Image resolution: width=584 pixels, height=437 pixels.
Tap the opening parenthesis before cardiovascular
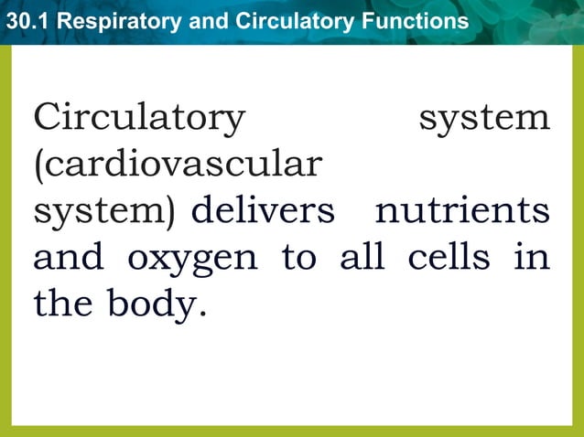[x=38, y=165]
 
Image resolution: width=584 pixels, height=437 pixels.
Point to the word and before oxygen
[x=69, y=258]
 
